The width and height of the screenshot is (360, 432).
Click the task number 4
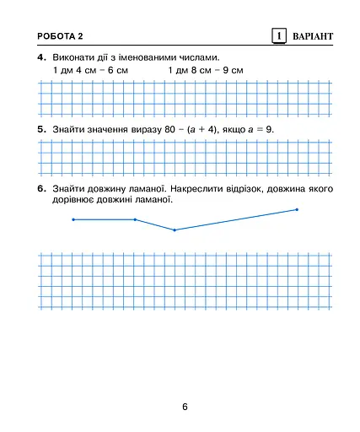click(40, 57)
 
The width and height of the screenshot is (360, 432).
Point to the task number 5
click(40, 129)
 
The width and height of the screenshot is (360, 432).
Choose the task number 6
click(40, 189)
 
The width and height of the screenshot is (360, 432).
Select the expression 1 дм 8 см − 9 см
click(205, 70)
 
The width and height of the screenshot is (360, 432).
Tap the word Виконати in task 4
click(73, 57)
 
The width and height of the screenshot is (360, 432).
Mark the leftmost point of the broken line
click(73, 219)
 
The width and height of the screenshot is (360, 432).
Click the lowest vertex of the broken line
click(175, 229)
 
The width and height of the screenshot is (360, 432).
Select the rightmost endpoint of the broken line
click(297, 209)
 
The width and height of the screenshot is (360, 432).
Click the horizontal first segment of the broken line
click(104, 219)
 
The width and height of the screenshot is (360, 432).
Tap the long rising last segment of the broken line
click(236, 219)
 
